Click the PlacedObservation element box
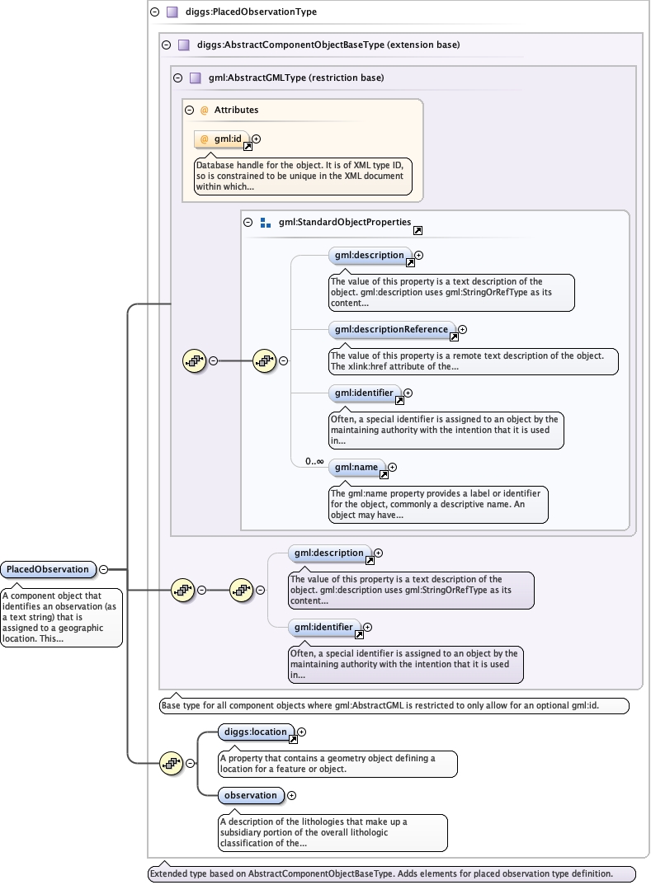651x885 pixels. coord(47,569)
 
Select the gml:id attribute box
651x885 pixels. coord(222,139)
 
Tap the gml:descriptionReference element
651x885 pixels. coord(391,330)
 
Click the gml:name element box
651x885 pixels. coord(356,468)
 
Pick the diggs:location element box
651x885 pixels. coord(256,732)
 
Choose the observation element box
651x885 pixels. coord(251,795)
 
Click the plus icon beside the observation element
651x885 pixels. coord(291,796)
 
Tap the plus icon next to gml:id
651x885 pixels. coord(257,139)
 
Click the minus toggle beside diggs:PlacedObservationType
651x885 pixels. coord(155,12)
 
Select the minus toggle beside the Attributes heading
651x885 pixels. coord(190,110)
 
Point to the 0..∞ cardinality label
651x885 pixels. coord(314,462)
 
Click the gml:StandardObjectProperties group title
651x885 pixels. coord(344,222)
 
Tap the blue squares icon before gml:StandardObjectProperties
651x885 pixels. coord(266,223)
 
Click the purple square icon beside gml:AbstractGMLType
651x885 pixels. coord(196,78)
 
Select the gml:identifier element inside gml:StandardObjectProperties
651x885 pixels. coord(364,393)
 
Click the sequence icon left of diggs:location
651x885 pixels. coord(172,763)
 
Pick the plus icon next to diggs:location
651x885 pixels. coord(302,732)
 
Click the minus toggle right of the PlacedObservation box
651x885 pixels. coord(104,569)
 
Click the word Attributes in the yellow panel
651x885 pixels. coord(236,110)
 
